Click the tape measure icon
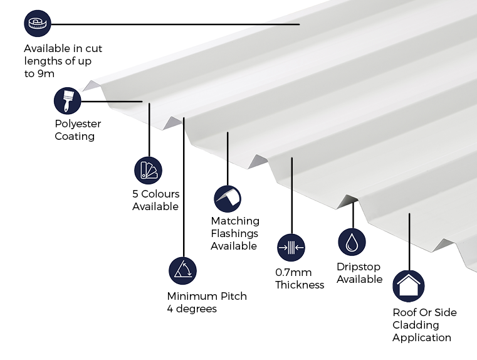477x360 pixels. [x=37, y=24]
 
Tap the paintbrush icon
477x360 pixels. [x=68, y=100]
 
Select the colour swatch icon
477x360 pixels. [x=148, y=170]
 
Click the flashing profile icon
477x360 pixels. [x=228, y=199]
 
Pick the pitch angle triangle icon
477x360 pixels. [x=182, y=270]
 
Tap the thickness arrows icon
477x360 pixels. [x=291, y=248]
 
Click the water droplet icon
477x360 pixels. [x=352, y=242]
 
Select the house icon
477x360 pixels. [x=409, y=286]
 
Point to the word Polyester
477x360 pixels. [x=78, y=124]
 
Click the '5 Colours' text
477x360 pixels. [x=155, y=194]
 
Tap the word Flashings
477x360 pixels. [x=234, y=233]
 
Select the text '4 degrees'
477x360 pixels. [x=192, y=309]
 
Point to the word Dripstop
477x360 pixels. [x=359, y=267]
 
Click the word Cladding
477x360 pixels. [x=416, y=325]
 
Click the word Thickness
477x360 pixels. [x=300, y=285]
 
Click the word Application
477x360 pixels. [x=422, y=337]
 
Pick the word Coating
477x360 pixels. [x=75, y=136]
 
